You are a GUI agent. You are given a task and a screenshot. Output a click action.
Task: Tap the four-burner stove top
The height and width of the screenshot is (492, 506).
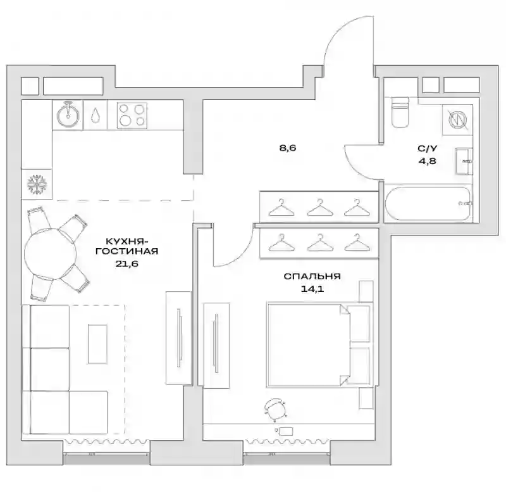(132, 115)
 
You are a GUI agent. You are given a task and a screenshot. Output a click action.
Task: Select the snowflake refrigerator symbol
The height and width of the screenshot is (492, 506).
(37, 185)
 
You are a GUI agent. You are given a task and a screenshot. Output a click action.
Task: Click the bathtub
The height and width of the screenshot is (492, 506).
(428, 203)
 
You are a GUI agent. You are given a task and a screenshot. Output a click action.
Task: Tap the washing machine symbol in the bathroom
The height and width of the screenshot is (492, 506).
(458, 119)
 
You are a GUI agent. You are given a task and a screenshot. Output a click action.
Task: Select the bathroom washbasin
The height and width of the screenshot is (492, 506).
(464, 161)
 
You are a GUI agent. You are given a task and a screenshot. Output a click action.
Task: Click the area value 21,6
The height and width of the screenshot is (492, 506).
(126, 263)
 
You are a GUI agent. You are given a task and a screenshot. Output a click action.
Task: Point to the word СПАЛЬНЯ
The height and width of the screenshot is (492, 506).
(312, 277)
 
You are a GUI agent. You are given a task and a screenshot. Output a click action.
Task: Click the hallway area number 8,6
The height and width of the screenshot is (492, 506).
(288, 148)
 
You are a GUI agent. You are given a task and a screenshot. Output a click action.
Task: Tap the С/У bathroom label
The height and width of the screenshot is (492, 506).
(428, 149)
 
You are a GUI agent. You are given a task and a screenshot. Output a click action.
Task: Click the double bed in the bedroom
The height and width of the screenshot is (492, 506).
(318, 344)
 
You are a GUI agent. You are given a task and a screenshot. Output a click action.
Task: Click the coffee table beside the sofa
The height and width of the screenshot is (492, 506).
(97, 344)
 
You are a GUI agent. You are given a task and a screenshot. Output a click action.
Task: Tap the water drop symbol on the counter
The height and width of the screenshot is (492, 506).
(96, 115)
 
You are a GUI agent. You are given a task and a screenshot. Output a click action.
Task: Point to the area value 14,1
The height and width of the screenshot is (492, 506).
(312, 289)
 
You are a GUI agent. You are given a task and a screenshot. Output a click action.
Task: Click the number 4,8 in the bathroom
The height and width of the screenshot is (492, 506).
(428, 161)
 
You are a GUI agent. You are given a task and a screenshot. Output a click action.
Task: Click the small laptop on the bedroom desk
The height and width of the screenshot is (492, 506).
(287, 431)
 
